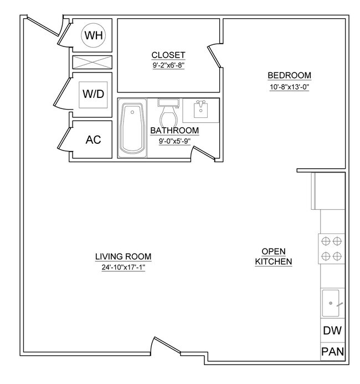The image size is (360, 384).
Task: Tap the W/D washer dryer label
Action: (x=93, y=94)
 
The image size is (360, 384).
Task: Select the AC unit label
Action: (x=93, y=139)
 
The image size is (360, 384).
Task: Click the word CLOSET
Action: (x=168, y=55)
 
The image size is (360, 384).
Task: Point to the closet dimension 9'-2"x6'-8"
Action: (x=168, y=65)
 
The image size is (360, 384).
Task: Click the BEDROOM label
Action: (x=289, y=76)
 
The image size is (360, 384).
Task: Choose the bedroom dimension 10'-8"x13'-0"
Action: (x=289, y=87)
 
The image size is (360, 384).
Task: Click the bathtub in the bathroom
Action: (x=132, y=128)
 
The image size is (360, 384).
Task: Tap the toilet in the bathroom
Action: (x=167, y=113)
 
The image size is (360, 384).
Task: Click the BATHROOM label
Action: (x=174, y=131)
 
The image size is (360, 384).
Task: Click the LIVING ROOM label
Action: (x=123, y=257)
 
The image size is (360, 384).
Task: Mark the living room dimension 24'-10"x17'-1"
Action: (x=123, y=267)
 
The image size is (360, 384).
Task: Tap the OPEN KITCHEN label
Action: (x=273, y=256)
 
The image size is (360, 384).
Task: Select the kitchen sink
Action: (x=331, y=303)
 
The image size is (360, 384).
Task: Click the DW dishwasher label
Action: (x=332, y=331)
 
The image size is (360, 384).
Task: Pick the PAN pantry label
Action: (x=332, y=352)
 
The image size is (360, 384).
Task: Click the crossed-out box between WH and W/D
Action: (x=92, y=61)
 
